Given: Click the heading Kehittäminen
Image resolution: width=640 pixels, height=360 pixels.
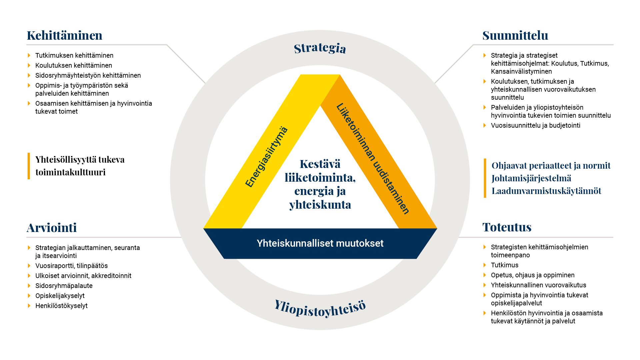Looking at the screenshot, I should click(x=64, y=35).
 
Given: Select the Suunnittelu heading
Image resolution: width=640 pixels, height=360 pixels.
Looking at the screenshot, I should click(x=515, y=35).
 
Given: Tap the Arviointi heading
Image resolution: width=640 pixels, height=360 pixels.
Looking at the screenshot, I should click(x=52, y=228).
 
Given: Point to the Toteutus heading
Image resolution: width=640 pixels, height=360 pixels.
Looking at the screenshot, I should click(x=507, y=227).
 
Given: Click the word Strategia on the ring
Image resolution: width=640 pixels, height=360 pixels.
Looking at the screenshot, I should click(x=320, y=48).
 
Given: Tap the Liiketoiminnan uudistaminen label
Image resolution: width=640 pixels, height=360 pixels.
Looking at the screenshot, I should click(x=373, y=159).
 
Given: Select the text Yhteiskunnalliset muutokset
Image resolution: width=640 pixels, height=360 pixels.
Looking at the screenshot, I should click(x=320, y=243).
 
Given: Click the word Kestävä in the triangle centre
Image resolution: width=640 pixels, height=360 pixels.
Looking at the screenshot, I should click(x=320, y=164).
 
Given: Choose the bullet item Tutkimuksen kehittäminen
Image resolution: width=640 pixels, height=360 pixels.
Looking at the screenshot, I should click(x=74, y=55).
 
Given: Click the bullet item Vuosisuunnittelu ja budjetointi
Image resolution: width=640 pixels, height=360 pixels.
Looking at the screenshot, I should click(x=535, y=125).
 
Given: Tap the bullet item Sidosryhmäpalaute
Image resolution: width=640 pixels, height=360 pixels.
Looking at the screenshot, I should click(x=64, y=286).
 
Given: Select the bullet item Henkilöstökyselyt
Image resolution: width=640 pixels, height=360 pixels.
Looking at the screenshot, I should click(x=61, y=306).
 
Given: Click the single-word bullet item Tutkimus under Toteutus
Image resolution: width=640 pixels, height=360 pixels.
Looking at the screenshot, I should click(x=505, y=265).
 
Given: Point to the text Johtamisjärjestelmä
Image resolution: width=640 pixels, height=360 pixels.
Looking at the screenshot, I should click(x=531, y=178).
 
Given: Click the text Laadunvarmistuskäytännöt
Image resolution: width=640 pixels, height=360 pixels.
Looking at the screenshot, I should click(x=546, y=191).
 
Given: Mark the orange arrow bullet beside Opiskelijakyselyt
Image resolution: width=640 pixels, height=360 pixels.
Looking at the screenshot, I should click(x=29, y=296).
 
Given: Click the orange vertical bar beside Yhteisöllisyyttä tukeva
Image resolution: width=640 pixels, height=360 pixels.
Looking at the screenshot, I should click(x=29, y=166).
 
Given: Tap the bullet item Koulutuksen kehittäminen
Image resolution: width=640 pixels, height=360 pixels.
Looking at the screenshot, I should click(x=74, y=65).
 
